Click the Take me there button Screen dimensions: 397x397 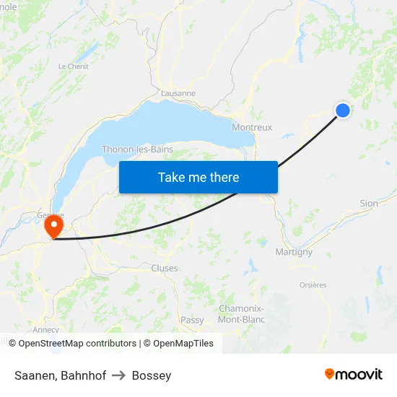tap(198, 177)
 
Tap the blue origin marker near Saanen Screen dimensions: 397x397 tap(343, 110)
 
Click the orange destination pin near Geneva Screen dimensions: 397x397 tap(53, 227)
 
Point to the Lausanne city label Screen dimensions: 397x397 tap(178, 93)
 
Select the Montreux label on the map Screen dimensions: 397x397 tap(252, 127)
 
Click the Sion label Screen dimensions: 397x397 tap(369, 204)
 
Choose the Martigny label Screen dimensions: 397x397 tap(294, 252)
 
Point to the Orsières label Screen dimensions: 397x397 tap(313, 285)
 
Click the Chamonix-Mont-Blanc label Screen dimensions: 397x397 tap(241, 314)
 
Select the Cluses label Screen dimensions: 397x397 tap(165, 268)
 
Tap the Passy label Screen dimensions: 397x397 tap(192, 320)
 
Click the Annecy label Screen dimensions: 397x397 tap(46, 330)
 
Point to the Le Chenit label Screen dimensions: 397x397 tap(72, 66)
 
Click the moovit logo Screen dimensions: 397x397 tap(354, 374)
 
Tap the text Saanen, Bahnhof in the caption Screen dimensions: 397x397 tap(60, 375)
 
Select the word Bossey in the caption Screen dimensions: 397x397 tap(152, 375)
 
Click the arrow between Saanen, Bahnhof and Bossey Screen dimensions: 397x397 tap(119, 375)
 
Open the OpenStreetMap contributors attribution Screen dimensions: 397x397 tap(77, 344)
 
